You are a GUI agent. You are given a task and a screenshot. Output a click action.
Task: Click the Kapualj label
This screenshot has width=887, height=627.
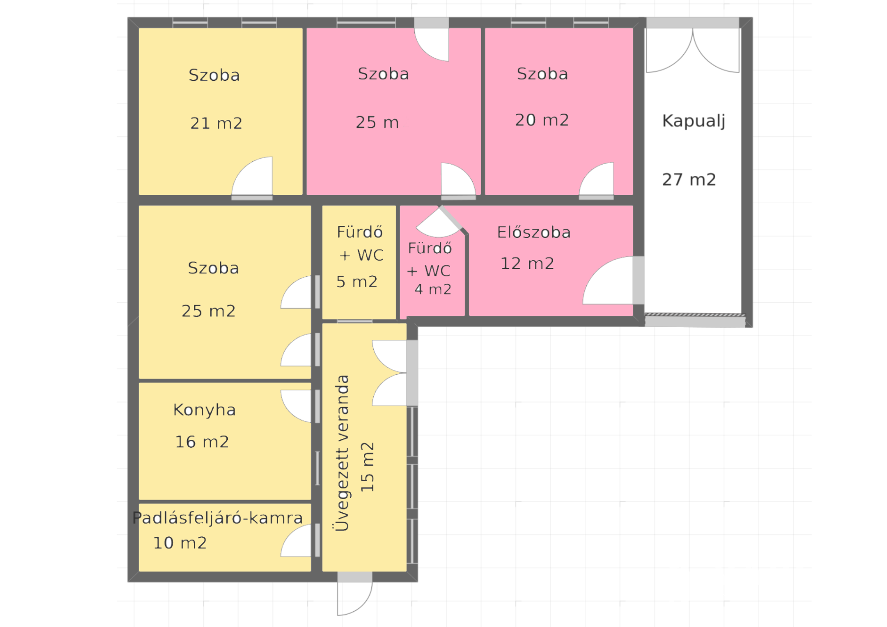(x=694, y=121)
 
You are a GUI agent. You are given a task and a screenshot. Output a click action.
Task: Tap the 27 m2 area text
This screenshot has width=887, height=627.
(x=689, y=180)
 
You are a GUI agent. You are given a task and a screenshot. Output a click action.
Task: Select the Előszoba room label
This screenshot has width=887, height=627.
(x=534, y=232)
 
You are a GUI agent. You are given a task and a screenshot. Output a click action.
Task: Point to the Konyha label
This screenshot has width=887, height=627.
(x=204, y=410)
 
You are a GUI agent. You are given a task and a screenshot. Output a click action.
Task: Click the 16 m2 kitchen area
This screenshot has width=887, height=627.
(x=202, y=442)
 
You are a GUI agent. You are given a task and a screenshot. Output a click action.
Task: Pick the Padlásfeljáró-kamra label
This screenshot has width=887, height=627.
(x=217, y=518)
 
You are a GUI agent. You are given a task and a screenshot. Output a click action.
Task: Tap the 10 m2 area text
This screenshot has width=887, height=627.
(x=180, y=543)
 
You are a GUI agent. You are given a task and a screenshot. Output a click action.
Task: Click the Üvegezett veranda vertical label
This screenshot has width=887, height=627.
(x=342, y=453)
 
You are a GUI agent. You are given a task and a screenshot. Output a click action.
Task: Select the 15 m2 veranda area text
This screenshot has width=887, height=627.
(x=367, y=467)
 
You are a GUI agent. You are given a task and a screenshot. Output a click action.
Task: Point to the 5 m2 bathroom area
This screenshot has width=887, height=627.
(x=357, y=282)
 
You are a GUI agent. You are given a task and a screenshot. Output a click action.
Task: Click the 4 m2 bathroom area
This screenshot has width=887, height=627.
(x=433, y=289)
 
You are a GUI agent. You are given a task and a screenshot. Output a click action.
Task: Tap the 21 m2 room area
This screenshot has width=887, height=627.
(x=216, y=123)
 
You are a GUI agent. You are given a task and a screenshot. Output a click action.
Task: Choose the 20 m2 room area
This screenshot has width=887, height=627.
(x=542, y=120)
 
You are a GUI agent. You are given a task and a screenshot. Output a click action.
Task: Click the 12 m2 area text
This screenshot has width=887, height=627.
(x=527, y=264)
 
